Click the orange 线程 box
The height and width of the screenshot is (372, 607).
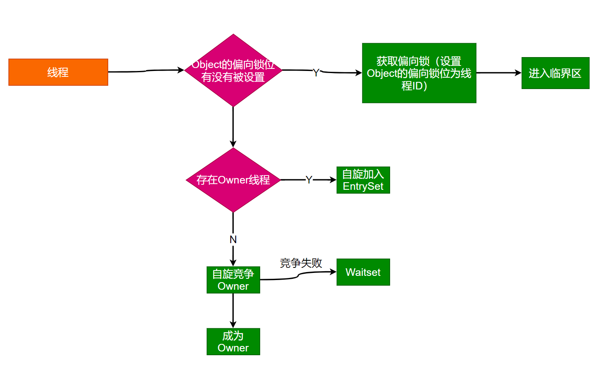58,72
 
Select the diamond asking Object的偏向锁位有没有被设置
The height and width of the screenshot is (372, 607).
233,71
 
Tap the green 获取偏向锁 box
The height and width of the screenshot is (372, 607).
419,73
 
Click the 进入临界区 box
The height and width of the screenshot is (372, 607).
555,73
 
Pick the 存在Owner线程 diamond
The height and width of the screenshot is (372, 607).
233,180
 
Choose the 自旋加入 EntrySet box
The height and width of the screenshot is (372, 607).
363,180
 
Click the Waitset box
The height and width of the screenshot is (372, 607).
363,272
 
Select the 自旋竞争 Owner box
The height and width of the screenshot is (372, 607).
233,280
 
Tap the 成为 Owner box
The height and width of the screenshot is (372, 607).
233,342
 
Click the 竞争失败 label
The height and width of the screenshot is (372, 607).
301,263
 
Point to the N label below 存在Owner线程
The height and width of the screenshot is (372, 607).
233,239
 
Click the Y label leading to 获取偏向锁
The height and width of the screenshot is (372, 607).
316,73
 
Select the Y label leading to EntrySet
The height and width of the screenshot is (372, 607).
309,180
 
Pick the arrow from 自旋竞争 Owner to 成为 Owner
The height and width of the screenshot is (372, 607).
233,311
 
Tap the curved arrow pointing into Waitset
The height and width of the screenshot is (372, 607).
298,276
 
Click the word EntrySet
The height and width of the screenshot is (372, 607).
363,186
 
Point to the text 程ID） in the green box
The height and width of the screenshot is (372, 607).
414,86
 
